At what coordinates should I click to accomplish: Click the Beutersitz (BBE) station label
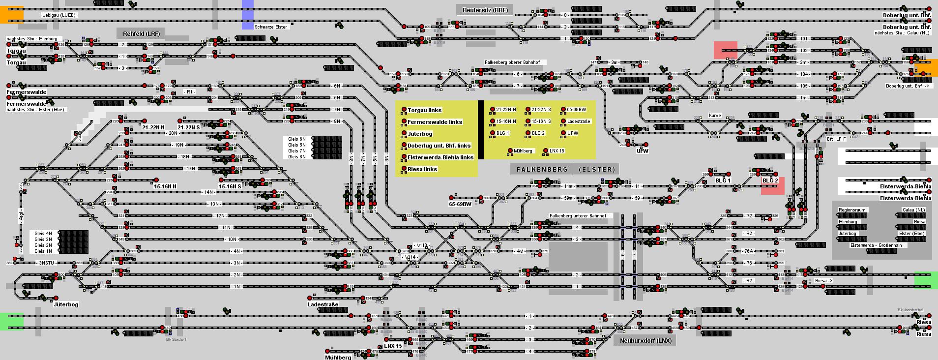[485, 10]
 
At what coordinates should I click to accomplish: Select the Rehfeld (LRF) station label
[141, 33]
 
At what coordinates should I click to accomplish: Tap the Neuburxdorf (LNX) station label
[645, 340]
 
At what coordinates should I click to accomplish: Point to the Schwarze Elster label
[271, 27]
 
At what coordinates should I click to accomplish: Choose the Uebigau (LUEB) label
[59, 15]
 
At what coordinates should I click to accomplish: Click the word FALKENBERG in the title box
[542, 169]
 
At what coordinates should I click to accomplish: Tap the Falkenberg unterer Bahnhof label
[578, 216]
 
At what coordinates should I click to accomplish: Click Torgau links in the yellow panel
[424, 110]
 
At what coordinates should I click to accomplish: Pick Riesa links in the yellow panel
[422, 169]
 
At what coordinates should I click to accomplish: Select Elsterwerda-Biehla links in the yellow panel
[440, 157]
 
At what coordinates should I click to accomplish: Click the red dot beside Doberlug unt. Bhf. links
[404, 145]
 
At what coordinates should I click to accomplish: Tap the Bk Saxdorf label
[176, 339]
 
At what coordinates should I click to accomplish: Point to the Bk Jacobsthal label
[910, 310]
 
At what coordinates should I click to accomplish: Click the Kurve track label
[714, 116]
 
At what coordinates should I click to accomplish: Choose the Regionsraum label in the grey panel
[852, 210]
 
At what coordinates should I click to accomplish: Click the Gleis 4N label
[43, 234]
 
